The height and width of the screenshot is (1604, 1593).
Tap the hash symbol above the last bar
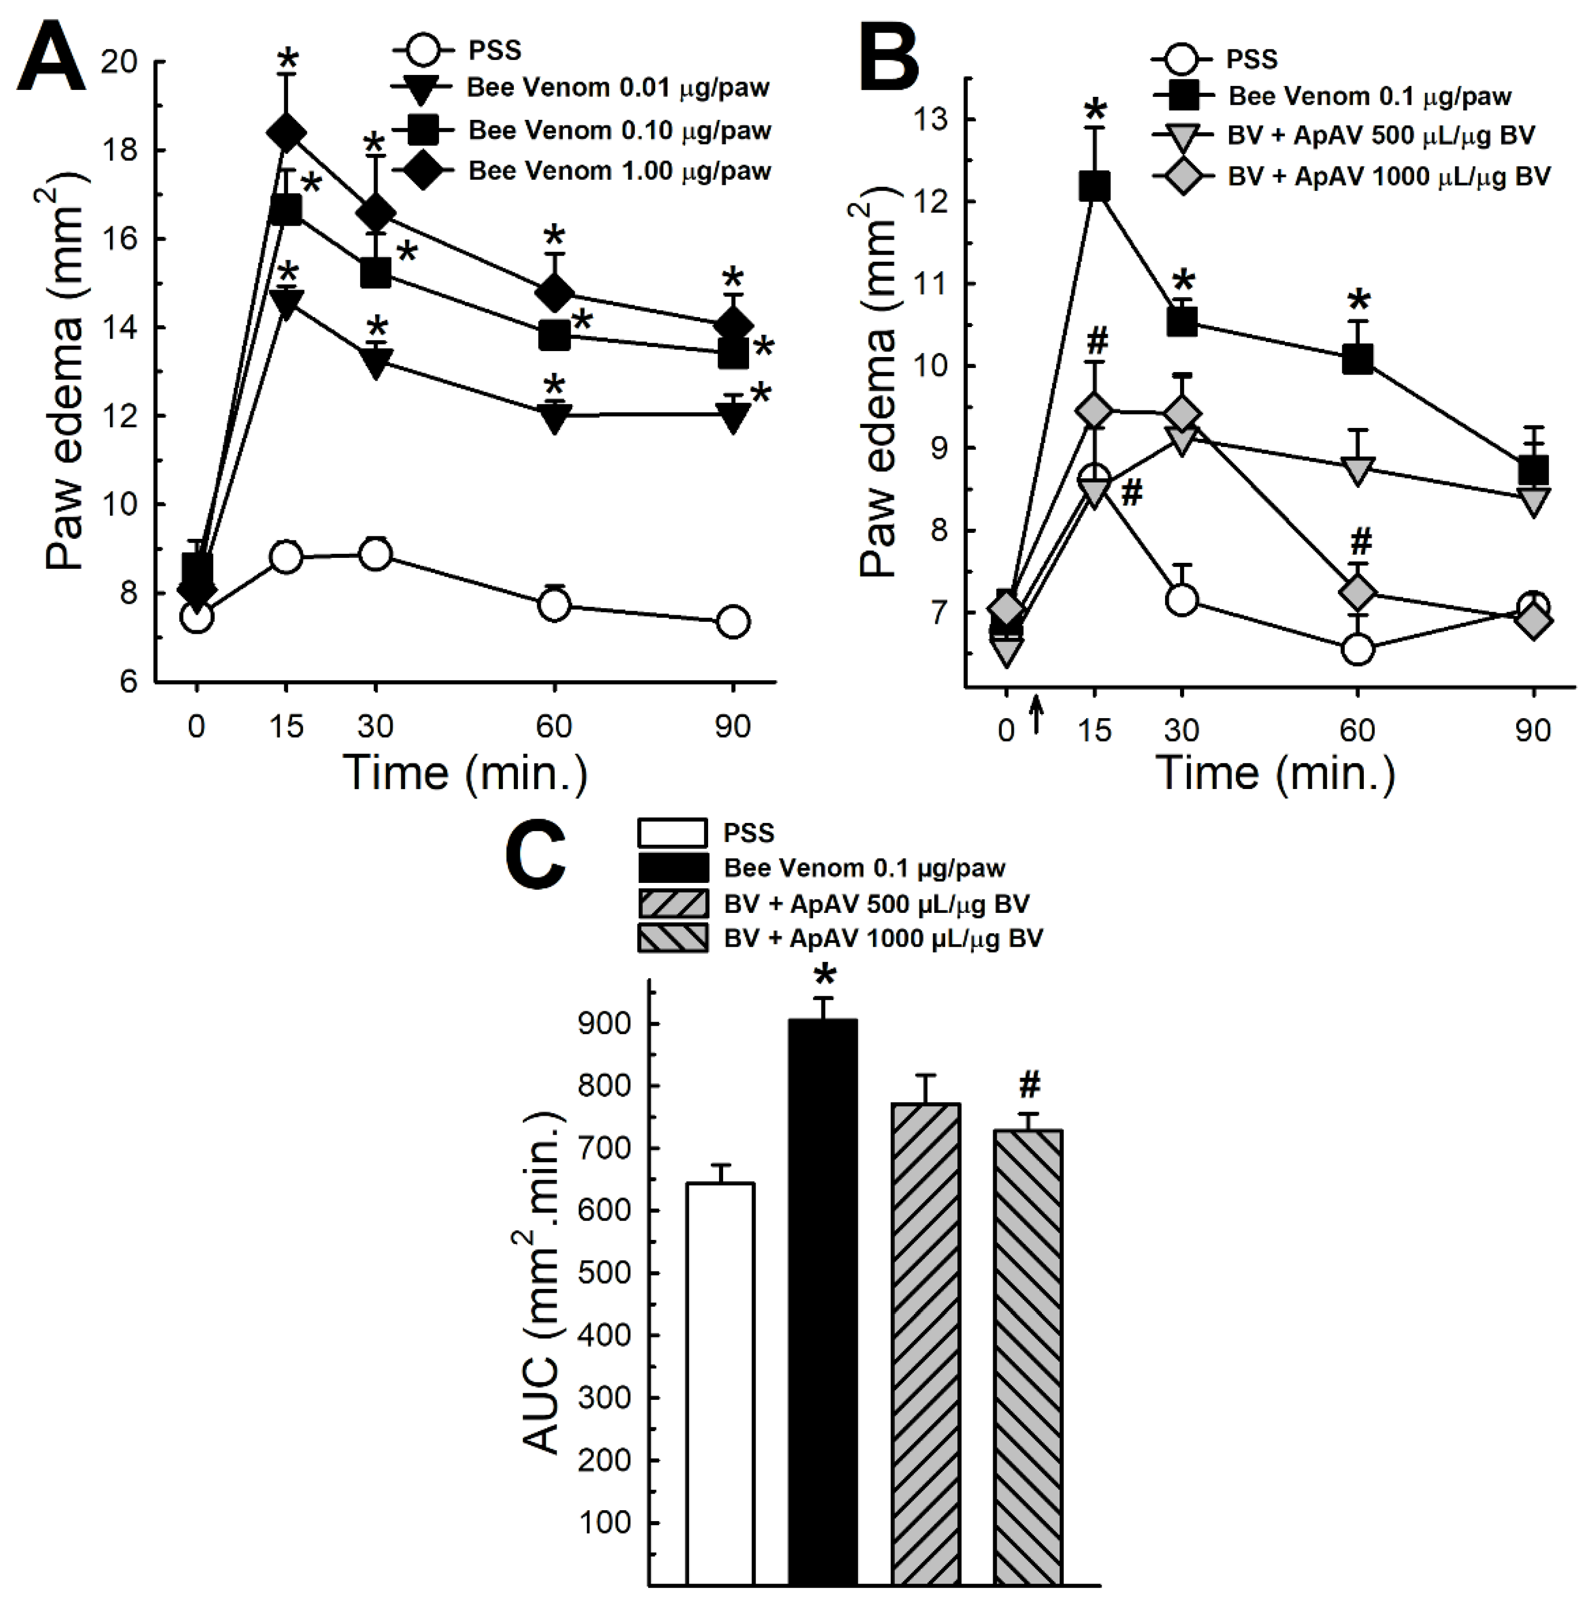coord(1029,1084)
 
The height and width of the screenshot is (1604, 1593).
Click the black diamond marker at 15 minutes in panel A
coord(287,133)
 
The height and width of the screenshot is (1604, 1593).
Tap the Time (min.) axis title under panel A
coord(465,772)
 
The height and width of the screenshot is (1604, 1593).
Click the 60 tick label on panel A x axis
coord(554,727)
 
